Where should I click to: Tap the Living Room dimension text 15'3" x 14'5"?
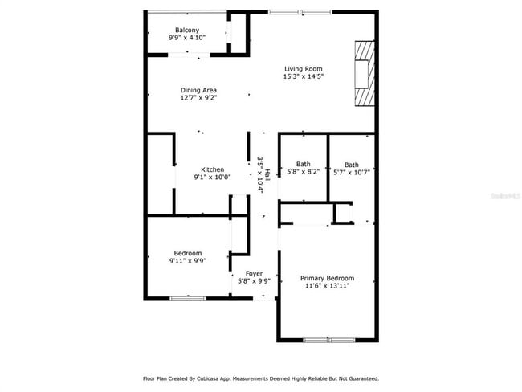pyautogui.click(x=302, y=77)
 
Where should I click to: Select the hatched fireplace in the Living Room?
pyautogui.click(x=365, y=73)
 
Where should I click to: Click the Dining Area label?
pyautogui.click(x=198, y=90)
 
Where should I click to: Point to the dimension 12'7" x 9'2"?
pyautogui.click(x=198, y=98)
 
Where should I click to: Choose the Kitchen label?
pyautogui.click(x=212, y=169)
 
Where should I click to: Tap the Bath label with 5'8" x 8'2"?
pyautogui.click(x=303, y=164)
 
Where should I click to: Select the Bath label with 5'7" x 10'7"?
pyautogui.click(x=352, y=164)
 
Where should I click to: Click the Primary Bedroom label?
pyautogui.click(x=328, y=278)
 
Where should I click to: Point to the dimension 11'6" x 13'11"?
pyautogui.click(x=328, y=286)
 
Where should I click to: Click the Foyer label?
pyautogui.click(x=254, y=273)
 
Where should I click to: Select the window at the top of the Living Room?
pyautogui.click(x=289, y=11)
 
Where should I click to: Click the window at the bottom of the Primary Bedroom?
pyautogui.click(x=328, y=340)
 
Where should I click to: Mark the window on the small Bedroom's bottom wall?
pyautogui.click(x=188, y=299)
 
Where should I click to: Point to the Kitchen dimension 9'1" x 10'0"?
pyautogui.click(x=212, y=178)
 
